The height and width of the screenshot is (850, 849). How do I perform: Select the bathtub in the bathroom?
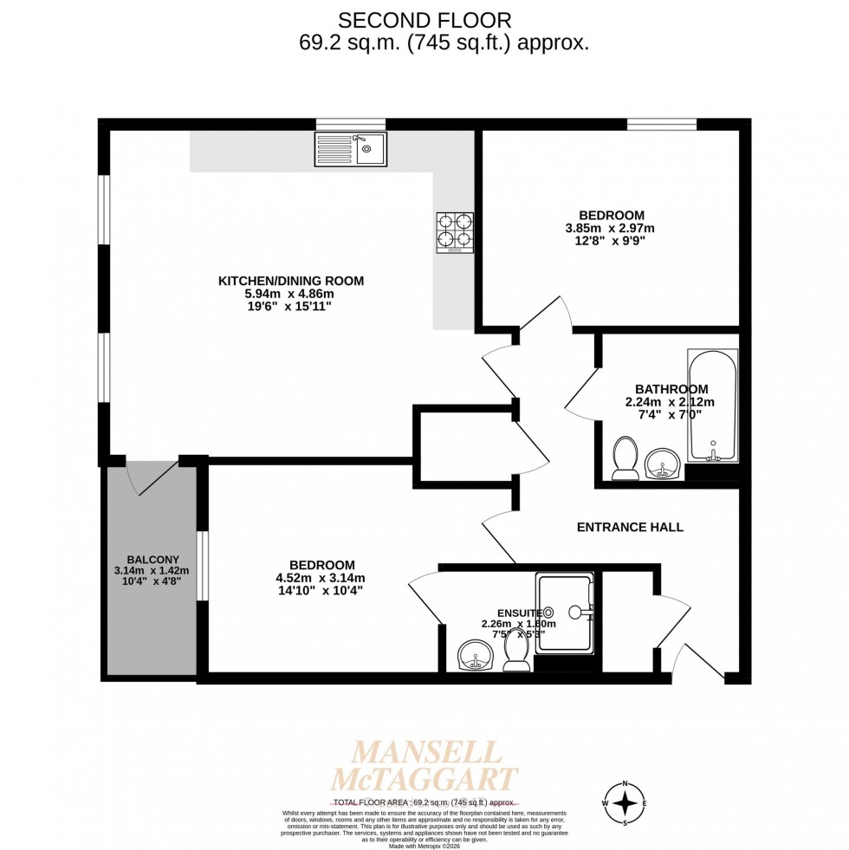coord(712,406)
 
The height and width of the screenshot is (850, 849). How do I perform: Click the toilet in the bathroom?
coord(625,457)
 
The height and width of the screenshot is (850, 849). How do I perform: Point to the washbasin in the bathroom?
coord(664,464)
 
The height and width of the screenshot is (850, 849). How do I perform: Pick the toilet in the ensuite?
coord(517,651)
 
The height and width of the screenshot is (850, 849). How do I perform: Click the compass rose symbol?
coord(625,803)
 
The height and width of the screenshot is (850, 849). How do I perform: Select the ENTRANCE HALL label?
coord(630,527)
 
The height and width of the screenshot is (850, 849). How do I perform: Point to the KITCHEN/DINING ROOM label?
coord(290,281)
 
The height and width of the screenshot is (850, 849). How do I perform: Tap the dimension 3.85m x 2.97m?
coord(611,229)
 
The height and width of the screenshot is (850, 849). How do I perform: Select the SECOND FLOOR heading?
coord(424,19)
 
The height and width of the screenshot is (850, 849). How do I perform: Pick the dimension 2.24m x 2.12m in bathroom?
coord(670,402)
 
